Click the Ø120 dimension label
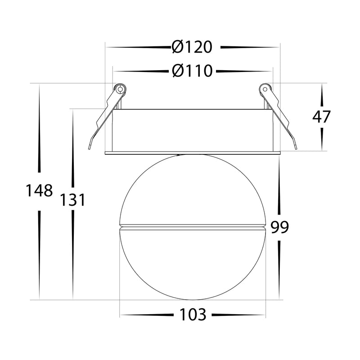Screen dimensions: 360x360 point(192,47)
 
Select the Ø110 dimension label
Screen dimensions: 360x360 point(192,71)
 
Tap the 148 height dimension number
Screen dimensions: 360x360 point(39,191)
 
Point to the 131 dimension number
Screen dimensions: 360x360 point(73,199)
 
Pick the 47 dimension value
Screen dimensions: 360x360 point(321,117)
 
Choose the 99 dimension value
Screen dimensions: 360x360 point(279,227)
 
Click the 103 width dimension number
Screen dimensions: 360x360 point(193,315)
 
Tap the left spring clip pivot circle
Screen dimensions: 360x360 point(120,89)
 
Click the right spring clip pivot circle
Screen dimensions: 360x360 point(265,89)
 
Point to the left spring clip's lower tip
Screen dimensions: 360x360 point(89,148)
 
